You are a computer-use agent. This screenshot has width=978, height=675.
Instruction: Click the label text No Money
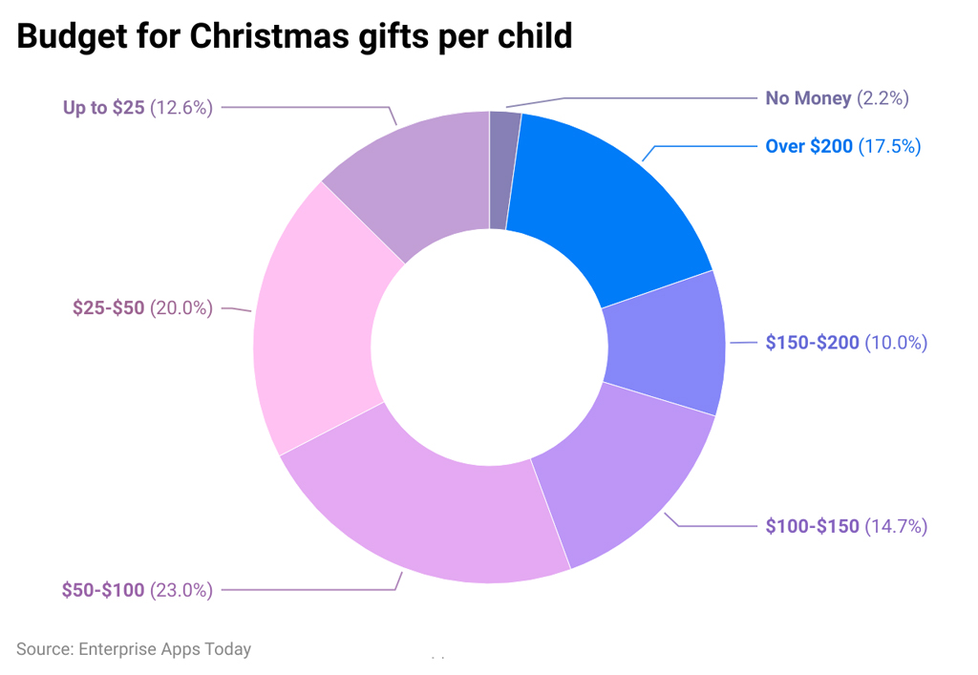coord(808,98)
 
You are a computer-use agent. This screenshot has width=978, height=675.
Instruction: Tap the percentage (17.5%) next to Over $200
coord(889,147)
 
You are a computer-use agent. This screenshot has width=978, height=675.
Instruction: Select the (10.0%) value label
coord(896,343)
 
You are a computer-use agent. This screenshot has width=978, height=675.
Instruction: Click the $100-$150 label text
coord(812,526)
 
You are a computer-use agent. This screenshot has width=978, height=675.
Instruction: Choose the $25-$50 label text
coord(108,308)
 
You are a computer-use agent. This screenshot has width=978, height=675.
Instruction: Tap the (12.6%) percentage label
coord(181,108)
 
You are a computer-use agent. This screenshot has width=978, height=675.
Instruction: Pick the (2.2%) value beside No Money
coord(882,98)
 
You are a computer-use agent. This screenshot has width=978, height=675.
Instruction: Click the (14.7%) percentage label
coord(896,526)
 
